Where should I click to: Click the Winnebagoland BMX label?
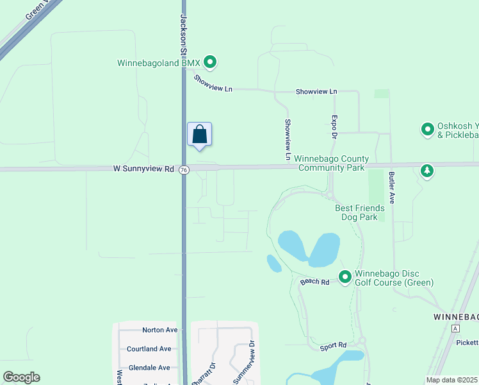tap(159, 63)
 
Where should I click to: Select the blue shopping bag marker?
tap(199, 135)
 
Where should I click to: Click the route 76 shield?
tap(184, 169)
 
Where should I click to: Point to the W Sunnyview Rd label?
tap(143, 169)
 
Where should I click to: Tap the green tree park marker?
tap(427, 170)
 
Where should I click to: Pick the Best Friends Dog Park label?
tap(360, 212)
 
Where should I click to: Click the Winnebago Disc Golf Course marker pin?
tap(345, 277)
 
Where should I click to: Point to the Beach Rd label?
tap(314, 282)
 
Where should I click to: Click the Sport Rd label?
tap(333, 347)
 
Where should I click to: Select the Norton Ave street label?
tap(159, 330)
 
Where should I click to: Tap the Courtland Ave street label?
tap(149, 348)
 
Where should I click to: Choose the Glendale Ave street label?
tap(149, 368)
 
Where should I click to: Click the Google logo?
tap(21, 377)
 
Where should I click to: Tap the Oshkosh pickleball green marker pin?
tap(427, 130)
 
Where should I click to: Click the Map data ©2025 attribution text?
tap(451, 380)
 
